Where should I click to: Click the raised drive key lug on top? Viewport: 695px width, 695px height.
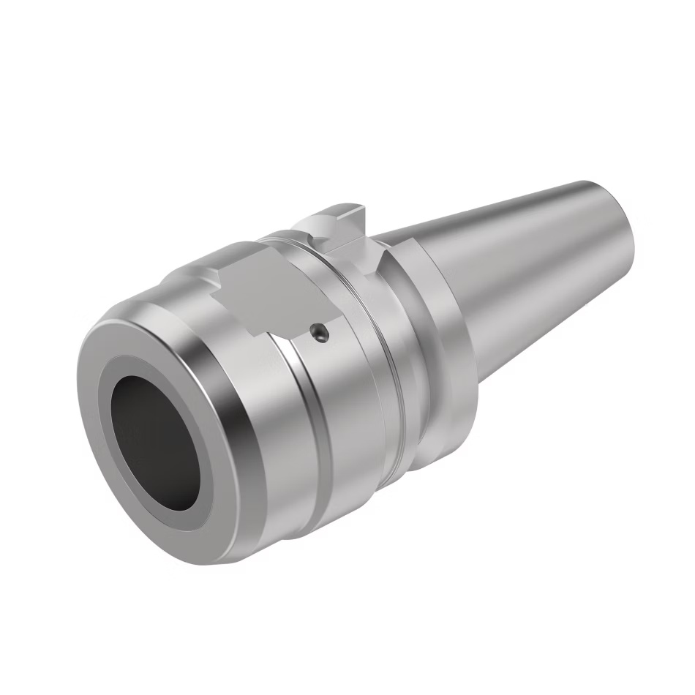tap(333, 219)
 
